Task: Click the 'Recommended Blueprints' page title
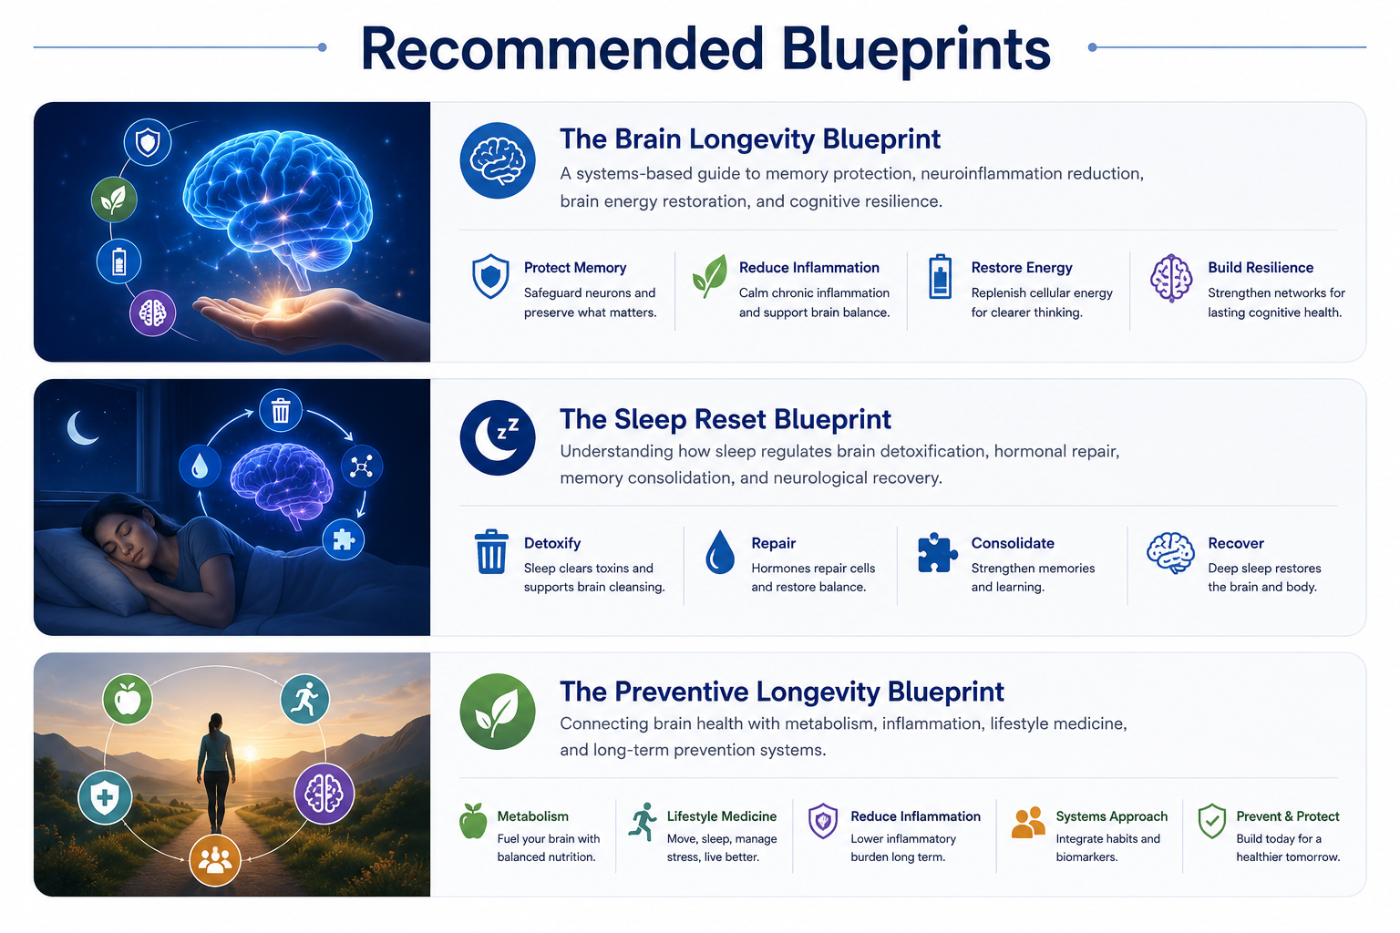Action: [x=705, y=50]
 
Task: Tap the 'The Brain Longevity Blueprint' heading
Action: [x=749, y=138]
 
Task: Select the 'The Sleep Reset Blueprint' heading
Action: [x=725, y=419]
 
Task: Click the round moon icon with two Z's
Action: [x=498, y=437]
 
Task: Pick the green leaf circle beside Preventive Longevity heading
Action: [x=498, y=712]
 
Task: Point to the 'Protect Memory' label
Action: [x=575, y=268]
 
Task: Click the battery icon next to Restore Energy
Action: [x=940, y=277]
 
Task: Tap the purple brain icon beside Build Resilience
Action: [x=1171, y=278]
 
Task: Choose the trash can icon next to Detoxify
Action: [x=491, y=551]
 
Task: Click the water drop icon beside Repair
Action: [x=720, y=552]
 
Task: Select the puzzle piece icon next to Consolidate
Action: [x=937, y=552]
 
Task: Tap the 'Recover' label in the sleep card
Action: [x=1236, y=543]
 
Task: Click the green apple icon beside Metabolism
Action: [x=473, y=821]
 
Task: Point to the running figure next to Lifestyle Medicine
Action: [x=643, y=822]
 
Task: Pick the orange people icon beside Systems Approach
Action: [x=1028, y=822]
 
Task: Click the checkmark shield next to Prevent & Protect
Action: [x=1212, y=821]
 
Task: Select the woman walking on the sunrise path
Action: [x=216, y=773]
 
